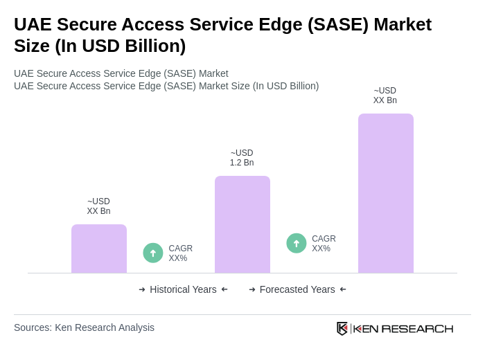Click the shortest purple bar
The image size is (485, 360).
click(x=98, y=249)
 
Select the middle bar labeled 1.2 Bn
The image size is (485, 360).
click(x=242, y=224)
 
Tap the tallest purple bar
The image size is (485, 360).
click(x=385, y=193)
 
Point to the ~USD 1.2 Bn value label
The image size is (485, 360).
click(x=242, y=158)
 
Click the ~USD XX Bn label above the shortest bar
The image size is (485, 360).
click(x=98, y=206)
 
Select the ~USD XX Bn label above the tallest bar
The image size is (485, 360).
click(x=385, y=96)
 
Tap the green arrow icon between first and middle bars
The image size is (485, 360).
click(x=153, y=253)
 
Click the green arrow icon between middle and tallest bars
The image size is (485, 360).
click(x=297, y=244)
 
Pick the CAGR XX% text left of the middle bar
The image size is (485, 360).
click(x=180, y=253)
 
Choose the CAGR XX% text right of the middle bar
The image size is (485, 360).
click(x=324, y=244)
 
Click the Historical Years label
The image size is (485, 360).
click(x=183, y=289)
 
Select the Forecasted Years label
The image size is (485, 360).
click(x=297, y=289)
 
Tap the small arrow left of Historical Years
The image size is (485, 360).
click(x=142, y=289)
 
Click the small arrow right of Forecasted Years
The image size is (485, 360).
click(x=343, y=289)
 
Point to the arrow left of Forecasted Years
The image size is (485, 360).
click(x=252, y=289)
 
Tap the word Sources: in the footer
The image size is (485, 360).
click(x=33, y=327)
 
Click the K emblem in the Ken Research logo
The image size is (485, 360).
click(x=342, y=328)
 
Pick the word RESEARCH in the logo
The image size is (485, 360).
click(x=417, y=328)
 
